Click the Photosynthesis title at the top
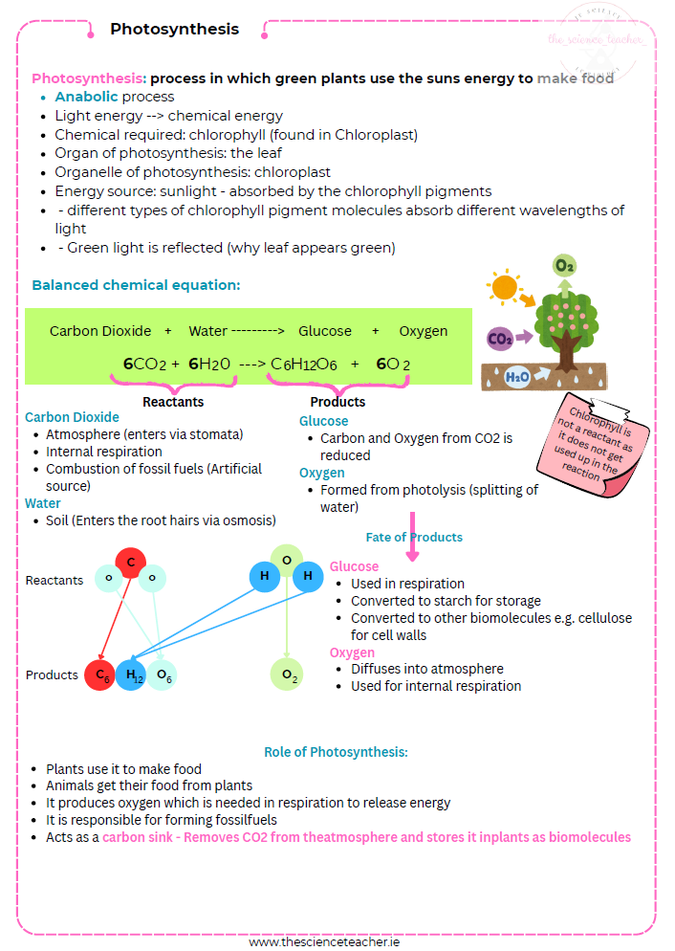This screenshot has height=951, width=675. [x=174, y=29]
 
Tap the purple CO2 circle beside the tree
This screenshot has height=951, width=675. [x=499, y=338]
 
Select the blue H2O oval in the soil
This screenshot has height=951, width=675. [x=517, y=377]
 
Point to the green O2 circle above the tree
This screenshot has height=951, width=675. [x=564, y=264]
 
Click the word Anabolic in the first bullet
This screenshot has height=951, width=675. [x=87, y=97]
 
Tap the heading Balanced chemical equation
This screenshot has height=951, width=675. [x=136, y=285]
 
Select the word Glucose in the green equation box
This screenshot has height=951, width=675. [x=325, y=331]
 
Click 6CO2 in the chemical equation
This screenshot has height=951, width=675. [x=145, y=364]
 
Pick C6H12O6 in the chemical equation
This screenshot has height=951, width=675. [x=303, y=364]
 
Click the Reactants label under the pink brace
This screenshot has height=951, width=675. [x=173, y=402]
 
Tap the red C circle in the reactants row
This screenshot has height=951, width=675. [x=130, y=562]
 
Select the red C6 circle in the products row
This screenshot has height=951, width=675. [x=99, y=675]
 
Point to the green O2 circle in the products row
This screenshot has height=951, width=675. [x=288, y=675]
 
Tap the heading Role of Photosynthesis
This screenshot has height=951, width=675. [x=336, y=752]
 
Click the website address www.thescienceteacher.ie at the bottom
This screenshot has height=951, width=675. [x=324, y=941]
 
